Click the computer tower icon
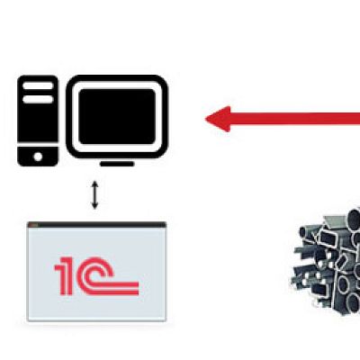(x=38, y=121)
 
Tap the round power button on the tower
(x=38, y=157)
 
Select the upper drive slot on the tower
(x=38, y=85)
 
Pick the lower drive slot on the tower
(x=38, y=99)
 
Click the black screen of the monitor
(x=117, y=116)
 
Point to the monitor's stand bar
(x=117, y=164)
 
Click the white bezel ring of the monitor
(x=117, y=85)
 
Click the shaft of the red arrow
(x=295, y=119)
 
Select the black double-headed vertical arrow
(x=94, y=194)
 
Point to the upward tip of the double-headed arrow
(x=94, y=181)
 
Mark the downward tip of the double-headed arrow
(x=94, y=209)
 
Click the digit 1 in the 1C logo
(x=64, y=275)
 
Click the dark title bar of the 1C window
(x=96, y=225)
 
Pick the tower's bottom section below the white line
(x=38, y=157)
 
